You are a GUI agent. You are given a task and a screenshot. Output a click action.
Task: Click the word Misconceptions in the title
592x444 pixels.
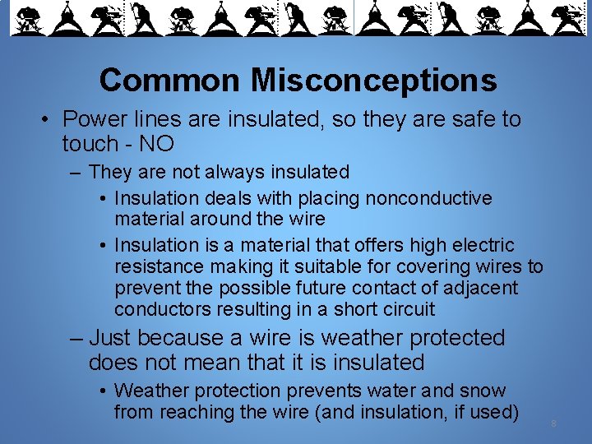[374, 81]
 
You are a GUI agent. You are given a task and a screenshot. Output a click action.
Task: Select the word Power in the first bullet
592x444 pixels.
[92, 119]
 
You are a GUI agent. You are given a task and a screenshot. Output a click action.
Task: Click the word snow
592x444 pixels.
[485, 391]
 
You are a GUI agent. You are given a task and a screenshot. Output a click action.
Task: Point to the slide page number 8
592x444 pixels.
[554, 424]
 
